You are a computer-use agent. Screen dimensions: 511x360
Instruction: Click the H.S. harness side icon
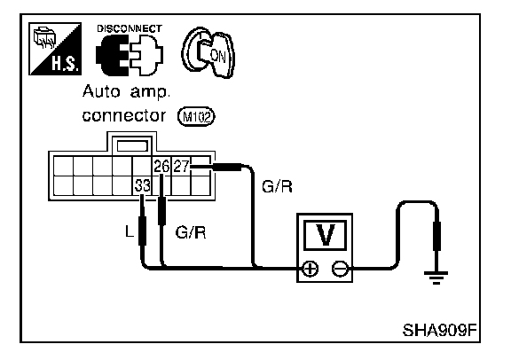(x=55, y=49)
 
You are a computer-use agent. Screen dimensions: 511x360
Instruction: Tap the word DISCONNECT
(x=130, y=28)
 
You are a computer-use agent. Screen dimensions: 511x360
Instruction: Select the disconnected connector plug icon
(x=130, y=55)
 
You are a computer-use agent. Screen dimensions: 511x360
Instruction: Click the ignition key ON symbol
(x=208, y=53)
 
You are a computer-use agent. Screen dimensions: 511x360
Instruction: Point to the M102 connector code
(x=196, y=117)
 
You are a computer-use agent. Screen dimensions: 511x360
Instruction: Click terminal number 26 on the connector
(x=161, y=167)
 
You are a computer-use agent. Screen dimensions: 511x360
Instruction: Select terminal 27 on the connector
(x=181, y=166)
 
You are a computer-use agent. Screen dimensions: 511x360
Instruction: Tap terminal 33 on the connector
(x=143, y=185)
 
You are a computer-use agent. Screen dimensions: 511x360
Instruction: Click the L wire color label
(x=130, y=231)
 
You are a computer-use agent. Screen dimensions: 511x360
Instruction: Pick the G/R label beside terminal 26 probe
(x=191, y=232)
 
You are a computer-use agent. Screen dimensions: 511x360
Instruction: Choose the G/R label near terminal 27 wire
(x=277, y=187)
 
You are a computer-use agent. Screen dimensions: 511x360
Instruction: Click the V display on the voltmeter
(x=325, y=235)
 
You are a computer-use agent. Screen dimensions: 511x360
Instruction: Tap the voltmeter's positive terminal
(x=310, y=269)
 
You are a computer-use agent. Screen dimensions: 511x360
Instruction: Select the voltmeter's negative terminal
(x=341, y=269)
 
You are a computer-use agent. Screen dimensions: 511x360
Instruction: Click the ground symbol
(x=436, y=277)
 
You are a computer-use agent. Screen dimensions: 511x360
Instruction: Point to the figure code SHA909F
(x=440, y=330)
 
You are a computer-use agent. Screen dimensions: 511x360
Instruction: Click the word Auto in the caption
(x=101, y=91)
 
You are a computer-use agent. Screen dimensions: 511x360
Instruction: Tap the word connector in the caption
(x=124, y=115)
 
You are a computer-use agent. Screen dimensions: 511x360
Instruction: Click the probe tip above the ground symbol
(x=436, y=236)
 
